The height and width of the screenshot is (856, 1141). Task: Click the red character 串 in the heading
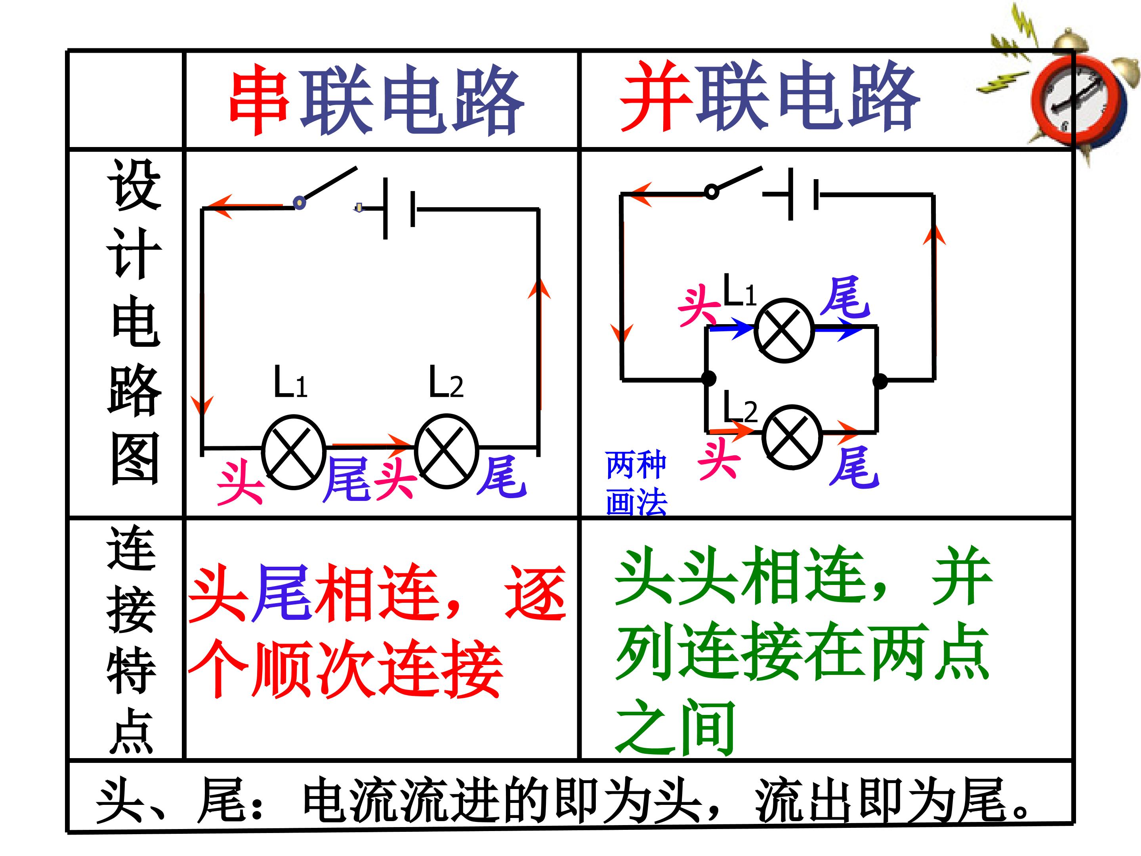tap(259, 99)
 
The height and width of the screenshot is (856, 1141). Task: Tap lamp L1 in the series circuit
tap(294, 453)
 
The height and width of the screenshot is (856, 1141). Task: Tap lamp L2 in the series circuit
tap(447, 451)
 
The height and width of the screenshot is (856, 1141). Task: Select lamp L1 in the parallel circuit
tap(784, 330)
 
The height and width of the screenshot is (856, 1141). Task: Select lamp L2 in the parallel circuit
tap(792, 436)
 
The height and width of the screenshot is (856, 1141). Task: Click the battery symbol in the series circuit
tap(399, 208)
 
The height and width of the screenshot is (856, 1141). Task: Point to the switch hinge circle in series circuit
tap(299, 202)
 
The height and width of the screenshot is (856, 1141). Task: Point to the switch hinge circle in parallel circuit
tap(711, 192)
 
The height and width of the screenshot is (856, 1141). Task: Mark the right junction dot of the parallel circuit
tap(880, 381)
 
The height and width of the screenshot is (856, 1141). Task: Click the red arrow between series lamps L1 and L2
tap(371, 443)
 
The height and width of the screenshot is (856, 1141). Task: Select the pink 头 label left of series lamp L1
tap(240, 482)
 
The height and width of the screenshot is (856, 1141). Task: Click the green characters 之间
tap(675, 727)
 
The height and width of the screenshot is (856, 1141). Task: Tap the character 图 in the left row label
tap(135, 459)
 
